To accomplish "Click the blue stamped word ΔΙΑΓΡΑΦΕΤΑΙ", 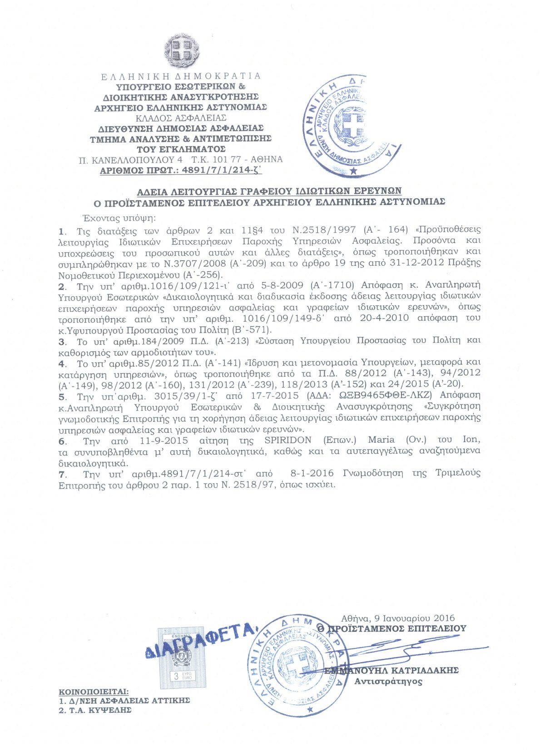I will [202, 640].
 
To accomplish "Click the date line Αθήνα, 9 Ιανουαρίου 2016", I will [398, 618].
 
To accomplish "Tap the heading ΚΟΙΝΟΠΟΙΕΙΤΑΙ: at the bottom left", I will [94, 692].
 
